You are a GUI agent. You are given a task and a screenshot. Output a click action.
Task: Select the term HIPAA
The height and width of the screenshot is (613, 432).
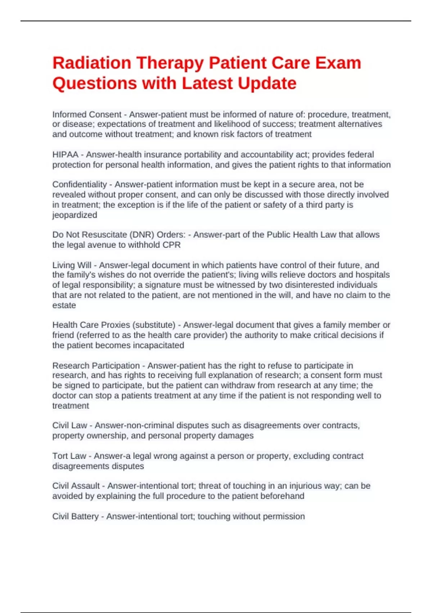[65, 155]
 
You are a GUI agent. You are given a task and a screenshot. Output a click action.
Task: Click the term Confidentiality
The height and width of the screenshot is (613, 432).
[80, 185]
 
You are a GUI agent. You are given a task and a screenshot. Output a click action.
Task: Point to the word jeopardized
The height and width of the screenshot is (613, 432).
[75, 215]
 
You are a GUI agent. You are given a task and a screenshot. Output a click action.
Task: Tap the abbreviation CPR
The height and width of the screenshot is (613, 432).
[172, 245]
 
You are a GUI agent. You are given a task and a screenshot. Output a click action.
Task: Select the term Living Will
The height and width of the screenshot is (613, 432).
[72, 265]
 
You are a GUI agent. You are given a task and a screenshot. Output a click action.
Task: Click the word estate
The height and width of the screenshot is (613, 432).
[64, 305]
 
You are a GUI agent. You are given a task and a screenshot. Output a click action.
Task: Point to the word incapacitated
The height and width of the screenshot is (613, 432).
[158, 345]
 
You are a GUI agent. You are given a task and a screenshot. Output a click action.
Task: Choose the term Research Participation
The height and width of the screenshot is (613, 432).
[96, 366]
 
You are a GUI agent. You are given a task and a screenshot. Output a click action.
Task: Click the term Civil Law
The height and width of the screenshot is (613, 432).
[69, 425]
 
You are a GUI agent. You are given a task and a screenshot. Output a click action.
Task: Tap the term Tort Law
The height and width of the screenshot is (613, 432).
[69, 456]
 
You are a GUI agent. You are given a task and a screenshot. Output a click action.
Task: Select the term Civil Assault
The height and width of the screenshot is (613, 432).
[76, 486]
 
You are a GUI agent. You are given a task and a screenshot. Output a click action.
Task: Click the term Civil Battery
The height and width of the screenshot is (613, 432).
[75, 516]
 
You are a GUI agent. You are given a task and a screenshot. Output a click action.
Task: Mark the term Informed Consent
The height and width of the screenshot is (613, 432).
[87, 115]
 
